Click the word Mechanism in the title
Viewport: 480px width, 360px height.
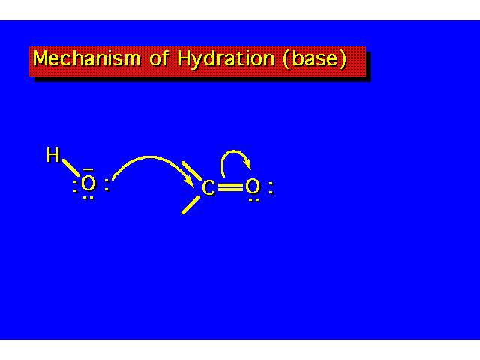click(86, 58)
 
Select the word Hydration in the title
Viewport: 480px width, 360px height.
click(226, 59)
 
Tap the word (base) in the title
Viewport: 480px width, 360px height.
click(315, 58)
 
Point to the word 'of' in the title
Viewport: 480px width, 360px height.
click(159, 58)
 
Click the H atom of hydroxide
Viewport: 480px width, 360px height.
click(53, 154)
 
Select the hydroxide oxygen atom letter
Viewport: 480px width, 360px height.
click(88, 184)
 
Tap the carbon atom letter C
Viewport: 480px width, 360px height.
click(208, 188)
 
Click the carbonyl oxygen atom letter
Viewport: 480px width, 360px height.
click(253, 187)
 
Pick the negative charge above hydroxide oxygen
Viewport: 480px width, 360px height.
click(88, 169)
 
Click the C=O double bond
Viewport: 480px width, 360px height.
click(230, 187)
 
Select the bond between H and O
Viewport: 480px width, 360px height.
click(71, 168)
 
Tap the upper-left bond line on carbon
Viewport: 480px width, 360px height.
click(192, 171)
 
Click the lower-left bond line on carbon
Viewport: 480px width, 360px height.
click(190, 205)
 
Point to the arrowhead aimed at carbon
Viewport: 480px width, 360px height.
click(190, 181)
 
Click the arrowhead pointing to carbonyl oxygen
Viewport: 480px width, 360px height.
click(248, 165)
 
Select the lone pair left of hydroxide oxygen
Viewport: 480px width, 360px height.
click(75, 187)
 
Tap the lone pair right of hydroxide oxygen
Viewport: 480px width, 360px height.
click(106, 185)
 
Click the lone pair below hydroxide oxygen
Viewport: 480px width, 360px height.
click(88, 198)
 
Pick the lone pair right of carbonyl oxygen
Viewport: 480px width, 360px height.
click(271, 188)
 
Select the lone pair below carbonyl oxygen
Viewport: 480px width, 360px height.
click(254, 200)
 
